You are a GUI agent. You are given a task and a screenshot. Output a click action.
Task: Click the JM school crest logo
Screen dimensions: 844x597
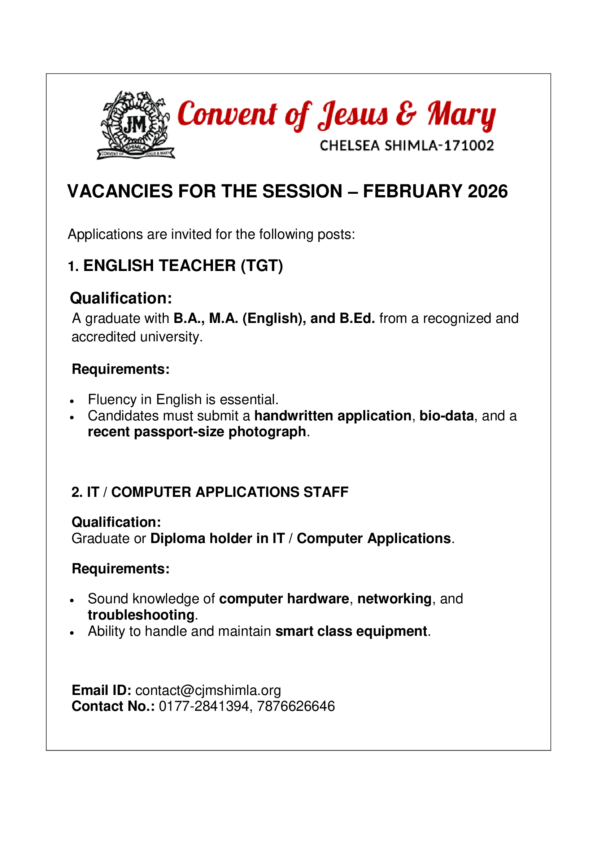click(x=135, y=125)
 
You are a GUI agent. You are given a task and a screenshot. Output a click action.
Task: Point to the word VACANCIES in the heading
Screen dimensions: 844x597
click(x=120, y=192)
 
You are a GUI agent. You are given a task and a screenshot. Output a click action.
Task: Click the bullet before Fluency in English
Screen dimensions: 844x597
click(x=73, y=401)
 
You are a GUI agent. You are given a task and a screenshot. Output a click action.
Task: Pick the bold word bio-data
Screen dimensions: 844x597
click(x=446, y=416)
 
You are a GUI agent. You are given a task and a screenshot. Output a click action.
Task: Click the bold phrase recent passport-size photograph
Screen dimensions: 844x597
click(x=197, y=432)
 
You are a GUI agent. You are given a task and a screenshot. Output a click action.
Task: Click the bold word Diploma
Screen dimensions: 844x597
click(x=178, y=538)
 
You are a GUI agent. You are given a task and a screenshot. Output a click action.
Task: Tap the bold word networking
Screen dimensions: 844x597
click(x=394, y=599)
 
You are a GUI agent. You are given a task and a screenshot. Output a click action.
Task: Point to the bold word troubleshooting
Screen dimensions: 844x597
click(x=141, y=615)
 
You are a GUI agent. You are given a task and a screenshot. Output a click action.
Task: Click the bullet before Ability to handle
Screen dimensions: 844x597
click(x=73, y=633)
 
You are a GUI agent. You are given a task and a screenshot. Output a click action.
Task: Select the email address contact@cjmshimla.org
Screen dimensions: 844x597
click(x=208, y=690)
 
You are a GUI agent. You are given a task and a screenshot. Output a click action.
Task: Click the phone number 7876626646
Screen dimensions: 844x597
click(x=296, y=707)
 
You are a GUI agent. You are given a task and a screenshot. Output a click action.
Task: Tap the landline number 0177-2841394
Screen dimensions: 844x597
click(x=204, y=707)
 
